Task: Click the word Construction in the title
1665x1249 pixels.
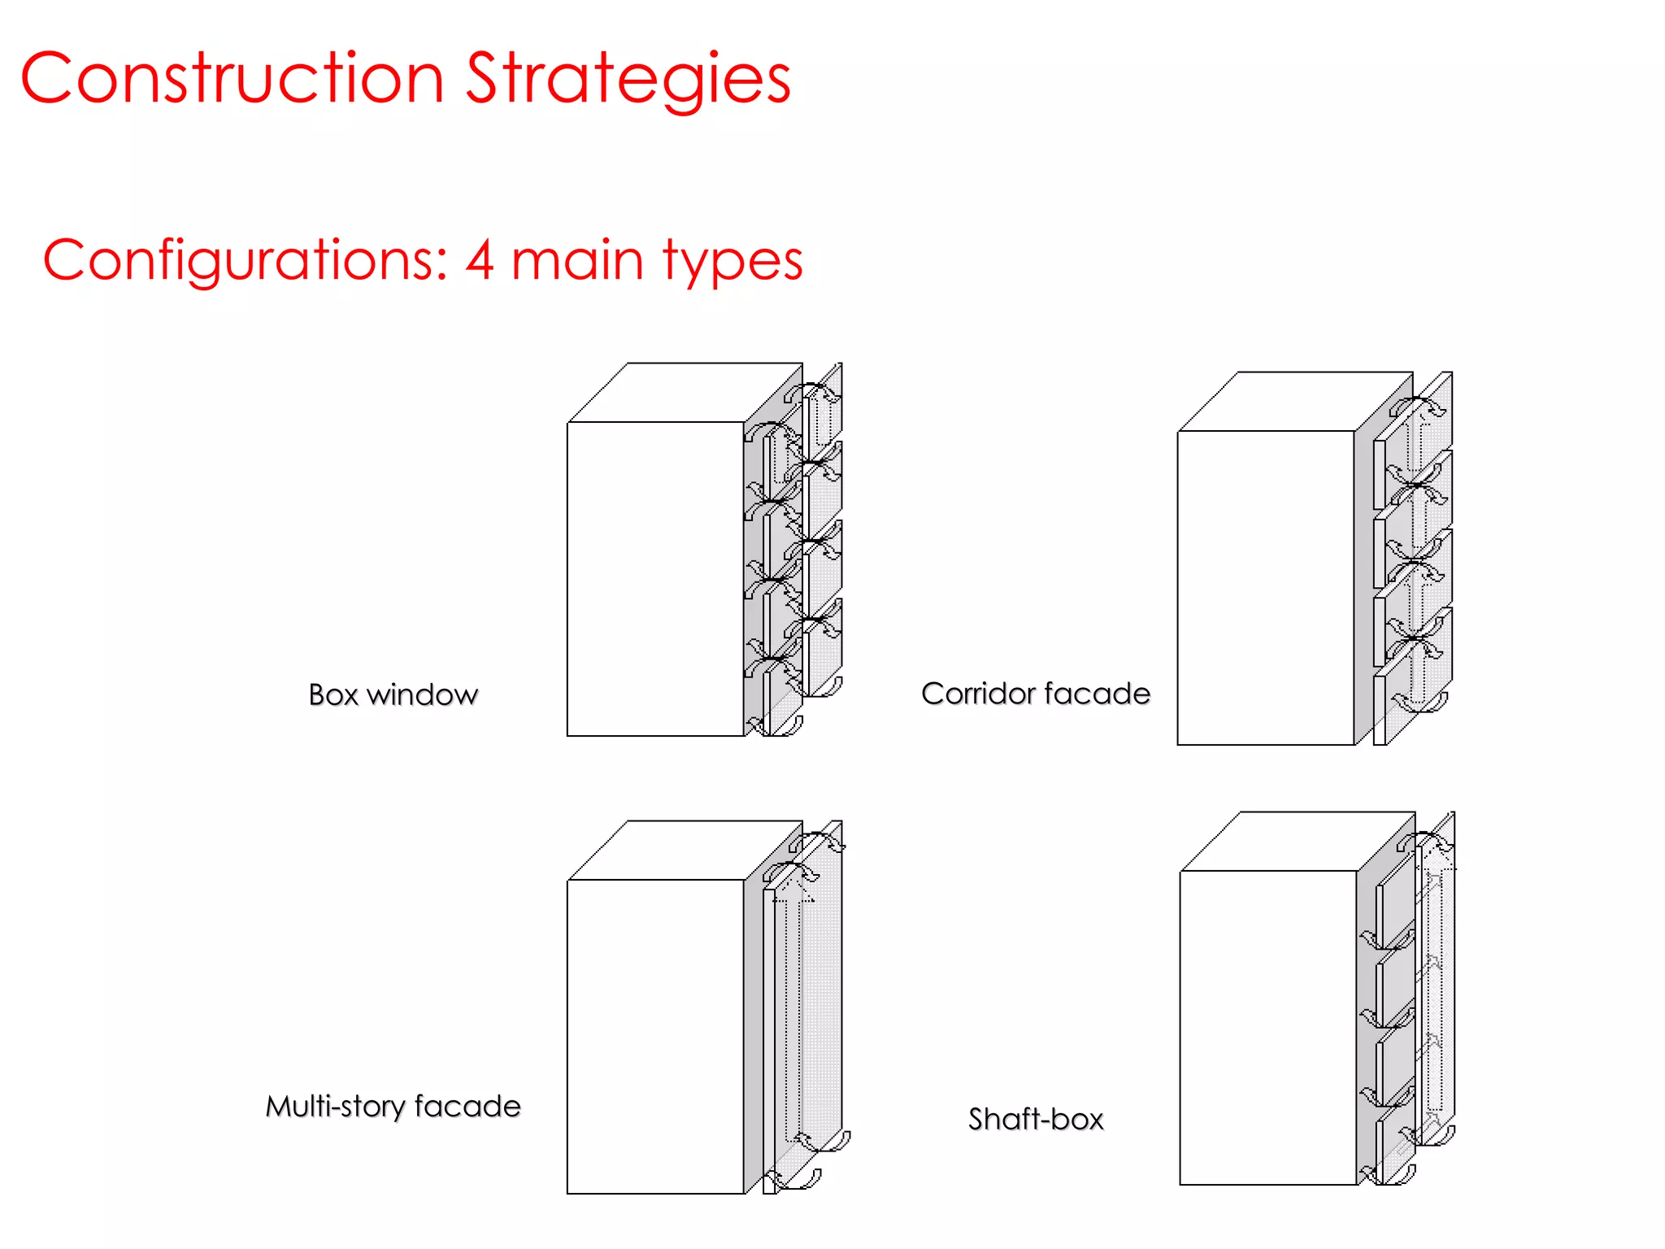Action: click(232, 78)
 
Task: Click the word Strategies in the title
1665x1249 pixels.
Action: click(628, 80)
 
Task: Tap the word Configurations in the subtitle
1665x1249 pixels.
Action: click(244, 260)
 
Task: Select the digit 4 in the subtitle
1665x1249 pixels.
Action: click(480, 260)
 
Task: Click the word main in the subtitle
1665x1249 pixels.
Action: click(577, 260)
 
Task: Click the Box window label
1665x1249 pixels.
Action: click(393, 695)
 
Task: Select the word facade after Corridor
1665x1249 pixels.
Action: click(1097, 694)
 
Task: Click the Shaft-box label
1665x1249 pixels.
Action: click(1036, 1120)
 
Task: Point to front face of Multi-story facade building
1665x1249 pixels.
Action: click(655, 1037)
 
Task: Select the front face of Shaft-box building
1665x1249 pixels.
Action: click(1267, 1028)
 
